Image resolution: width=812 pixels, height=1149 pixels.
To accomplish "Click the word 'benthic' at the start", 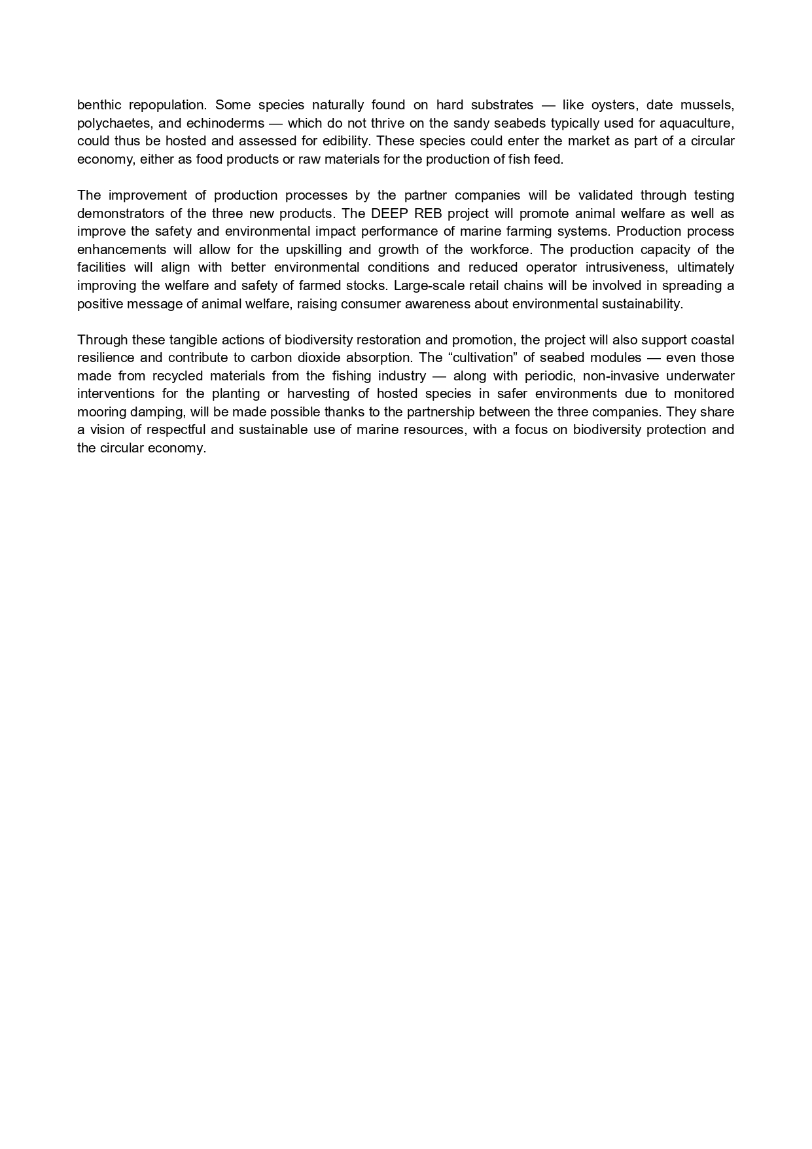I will (x=98, y=105).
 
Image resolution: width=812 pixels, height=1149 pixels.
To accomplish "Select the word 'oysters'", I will (x=614, y=105).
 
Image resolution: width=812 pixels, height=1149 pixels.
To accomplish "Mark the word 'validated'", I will (x=605, y=195).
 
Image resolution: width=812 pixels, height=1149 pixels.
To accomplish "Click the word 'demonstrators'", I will (x=118, y=213).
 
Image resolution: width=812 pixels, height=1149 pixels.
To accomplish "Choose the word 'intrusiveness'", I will (x=626, y=267).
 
